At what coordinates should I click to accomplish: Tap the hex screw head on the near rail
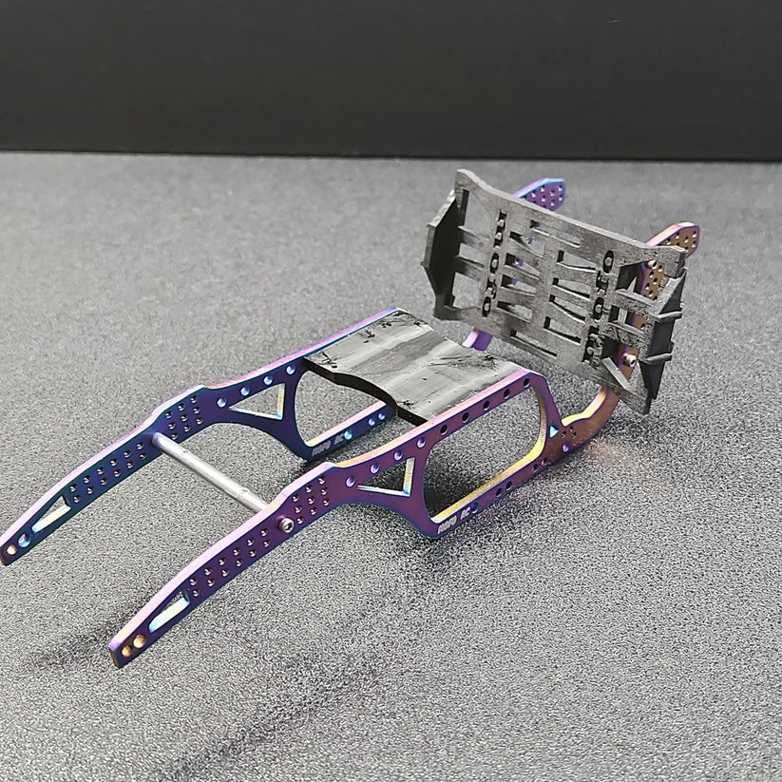(287, 525)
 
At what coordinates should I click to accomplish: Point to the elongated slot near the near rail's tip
(171, 609)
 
